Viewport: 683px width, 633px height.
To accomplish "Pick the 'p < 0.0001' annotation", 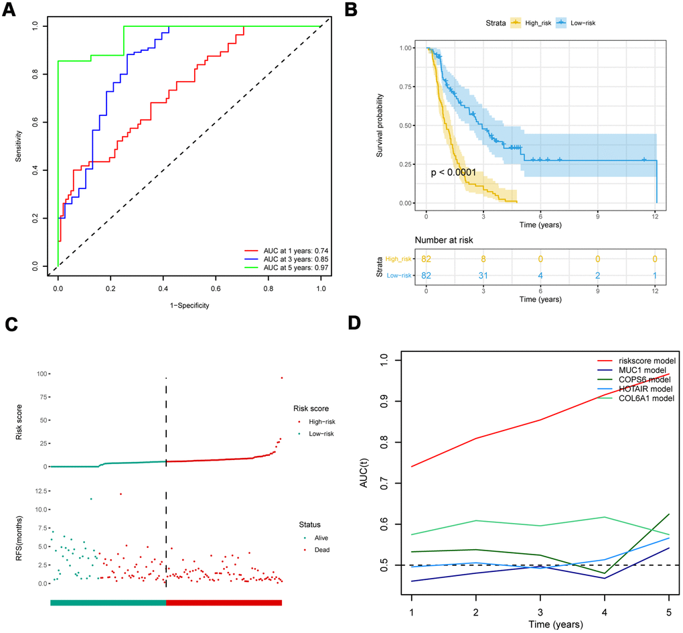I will pos(453,173).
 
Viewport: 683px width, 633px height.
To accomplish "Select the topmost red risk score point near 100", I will pos(282,378).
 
